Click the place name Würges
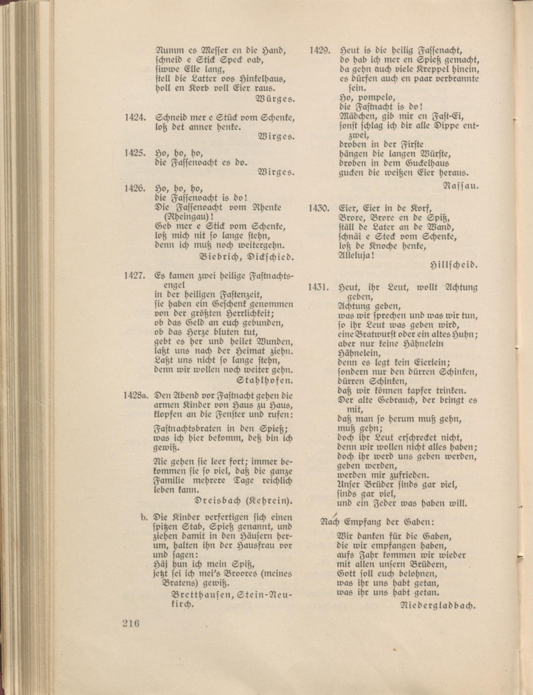[275, 99]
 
